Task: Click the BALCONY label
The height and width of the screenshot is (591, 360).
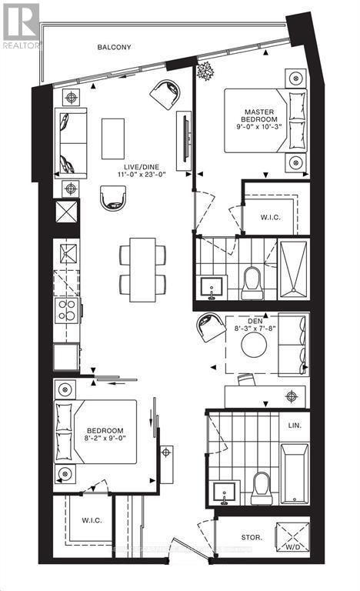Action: (x=114, y=48)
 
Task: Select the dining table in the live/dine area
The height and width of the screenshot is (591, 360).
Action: (x=142, y=269)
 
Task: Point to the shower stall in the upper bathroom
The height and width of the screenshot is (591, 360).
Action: (x=292, y=268)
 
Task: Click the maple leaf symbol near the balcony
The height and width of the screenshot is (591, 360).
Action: (x=206, y=74)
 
